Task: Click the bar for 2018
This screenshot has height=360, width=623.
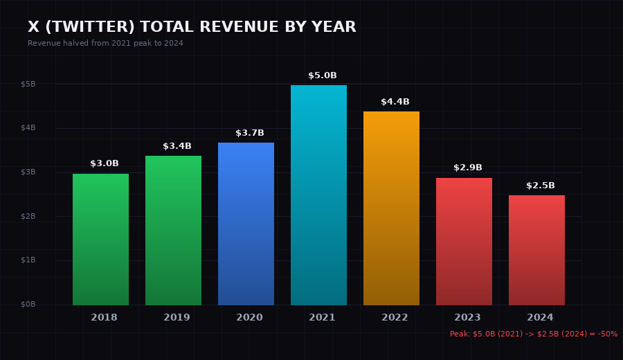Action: pyautogui.click(x=100, y=240)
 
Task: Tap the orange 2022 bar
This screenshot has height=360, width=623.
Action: pyautogui.click(x=391, y=208)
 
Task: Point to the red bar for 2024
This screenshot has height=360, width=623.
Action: pyautogui.click(x=536, y=250)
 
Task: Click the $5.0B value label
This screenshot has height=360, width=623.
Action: pyautogui.click(x=323, y=75)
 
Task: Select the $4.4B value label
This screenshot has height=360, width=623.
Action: pyautogui.click(x=395, y=102)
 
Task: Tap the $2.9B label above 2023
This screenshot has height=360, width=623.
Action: pyautogui.click(x=468, y=168)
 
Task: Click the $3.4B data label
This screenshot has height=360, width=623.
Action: pyautogui.click(x=177, y=146)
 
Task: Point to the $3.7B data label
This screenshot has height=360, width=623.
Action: pyautogui.click(x=250, y=133)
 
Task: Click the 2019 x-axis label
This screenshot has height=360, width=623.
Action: pyautogui.click(x=177, y=318)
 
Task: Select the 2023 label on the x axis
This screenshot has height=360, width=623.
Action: pyautogui.click(x=467, y=318)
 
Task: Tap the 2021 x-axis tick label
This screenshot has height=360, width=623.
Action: pyautogui.click(x=322, y=318)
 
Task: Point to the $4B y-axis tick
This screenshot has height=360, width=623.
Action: pyautogui.click(x=28, y=128)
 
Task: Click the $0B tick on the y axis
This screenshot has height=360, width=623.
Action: pyautogui.click(x=28, y=305)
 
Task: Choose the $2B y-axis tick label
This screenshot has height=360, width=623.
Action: pyautogui.click(x=28, y=216)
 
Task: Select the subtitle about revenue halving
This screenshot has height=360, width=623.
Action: pyautogui.click(x=105, y=44)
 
